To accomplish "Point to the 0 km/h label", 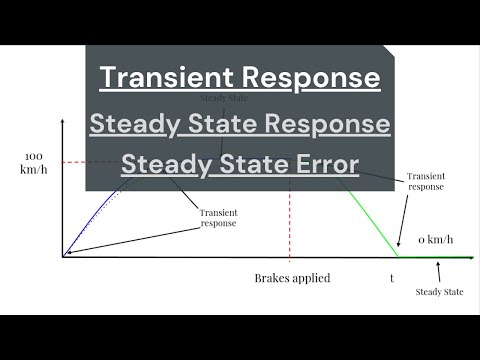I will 435,239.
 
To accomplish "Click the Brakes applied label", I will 291,278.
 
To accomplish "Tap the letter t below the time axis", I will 391,278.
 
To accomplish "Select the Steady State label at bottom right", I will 440,291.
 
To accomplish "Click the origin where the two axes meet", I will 62,257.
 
